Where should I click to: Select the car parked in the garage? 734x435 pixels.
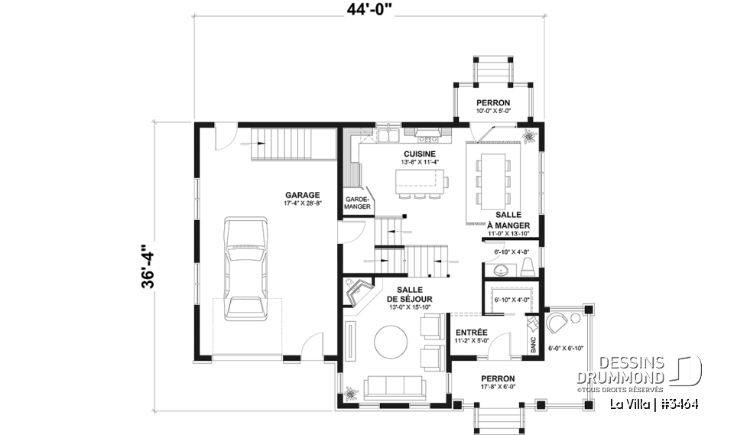pyautogui.click(x=246, y=268)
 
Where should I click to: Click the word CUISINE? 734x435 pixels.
pyautogui.click(x=420, y=154)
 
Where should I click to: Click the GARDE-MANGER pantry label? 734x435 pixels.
pyautogui.click(x=357, y=203)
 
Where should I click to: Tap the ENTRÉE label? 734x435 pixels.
pyautogui.click(x=472, y=333)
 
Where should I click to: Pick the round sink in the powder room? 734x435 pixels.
pyautogui.click(x=501, y=270)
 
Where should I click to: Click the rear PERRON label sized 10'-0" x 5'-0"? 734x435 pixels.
pyautogui.click(x=493, y=102)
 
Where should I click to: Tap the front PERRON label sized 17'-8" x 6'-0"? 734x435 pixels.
pyautogui.click(x=497, y=378)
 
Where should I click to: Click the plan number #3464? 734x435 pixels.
pyautogui.click(x=677, y=404)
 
